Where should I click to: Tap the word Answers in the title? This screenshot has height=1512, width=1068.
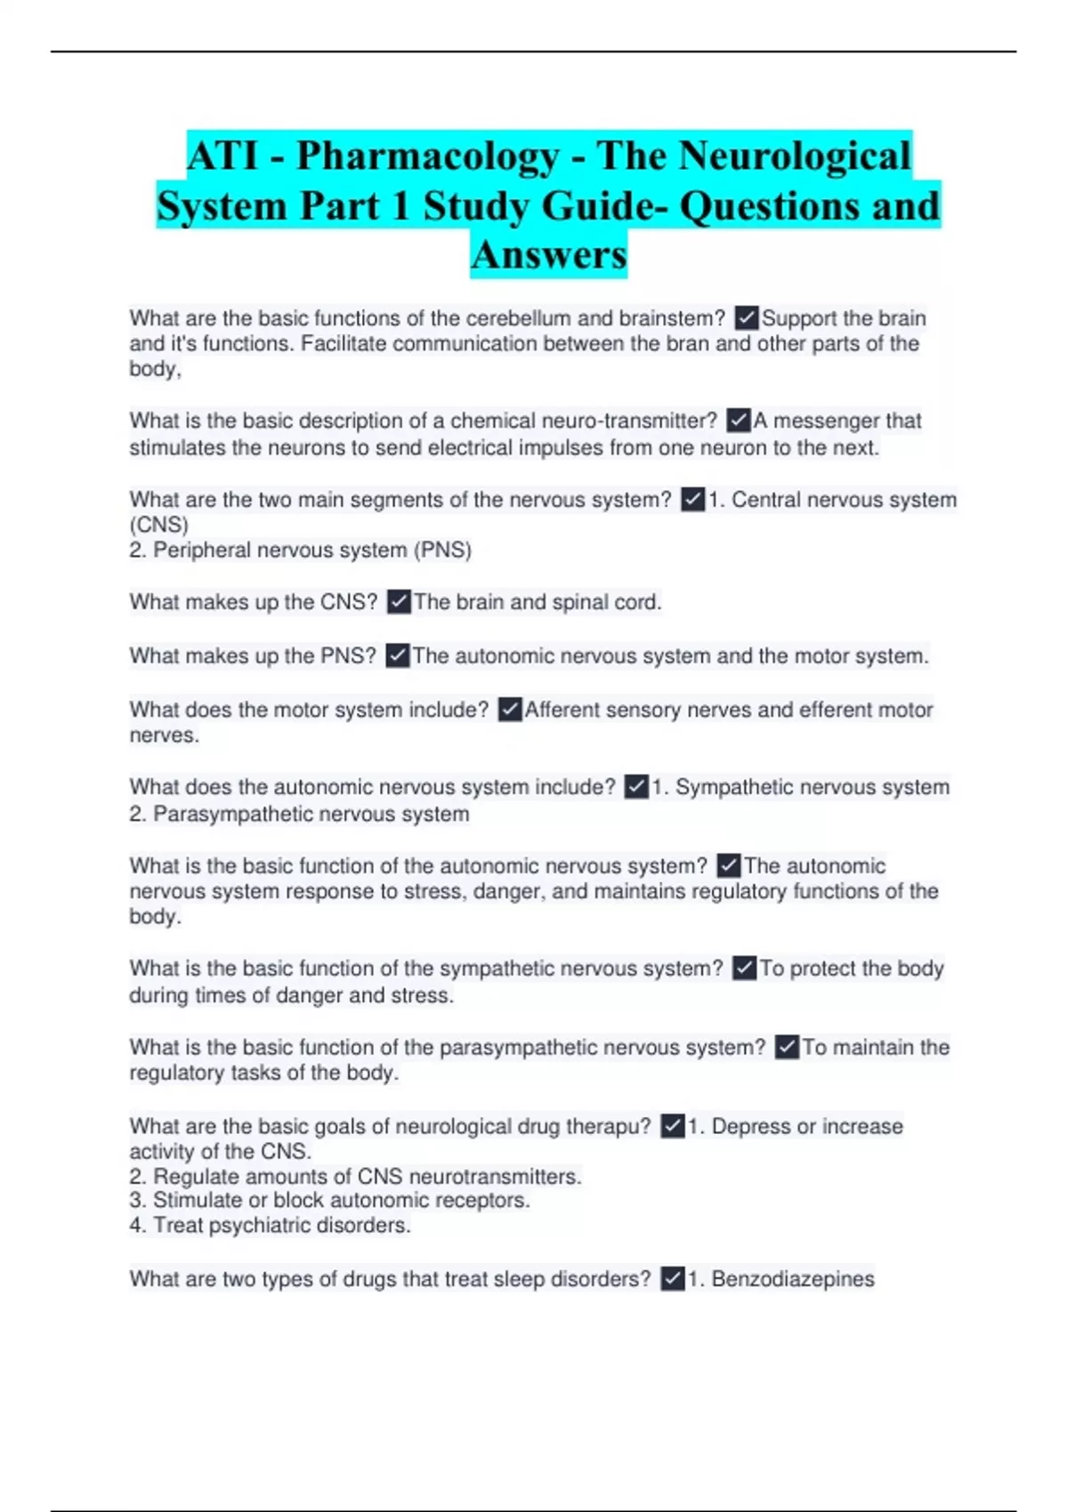548,254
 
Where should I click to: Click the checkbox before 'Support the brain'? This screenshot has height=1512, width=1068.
747,318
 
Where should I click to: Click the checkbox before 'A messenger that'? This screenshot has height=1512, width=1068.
739,420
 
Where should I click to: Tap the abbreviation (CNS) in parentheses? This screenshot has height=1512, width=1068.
158,525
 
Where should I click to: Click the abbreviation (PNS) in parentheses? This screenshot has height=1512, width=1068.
442,551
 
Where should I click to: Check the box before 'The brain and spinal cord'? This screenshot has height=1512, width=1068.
399,602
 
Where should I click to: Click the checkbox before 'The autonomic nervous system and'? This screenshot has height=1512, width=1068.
398,655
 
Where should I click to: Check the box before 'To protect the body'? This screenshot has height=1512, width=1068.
745,968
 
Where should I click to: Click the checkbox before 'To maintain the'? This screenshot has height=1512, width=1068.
787,1047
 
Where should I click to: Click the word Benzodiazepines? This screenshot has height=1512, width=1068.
793,1279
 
